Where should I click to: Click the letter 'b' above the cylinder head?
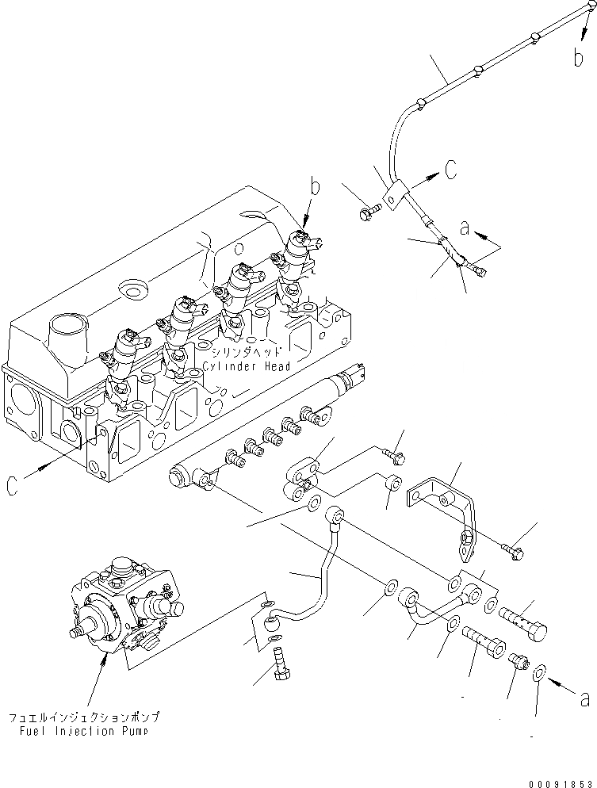click(x=316, y=189)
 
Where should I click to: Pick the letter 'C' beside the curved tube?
click(x=450, y=169)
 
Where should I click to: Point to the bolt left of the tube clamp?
click(x=370, y=212)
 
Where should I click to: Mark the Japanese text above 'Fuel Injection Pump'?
click(x=83, y=717)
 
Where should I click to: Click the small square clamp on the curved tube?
click(x=396, y=191)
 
